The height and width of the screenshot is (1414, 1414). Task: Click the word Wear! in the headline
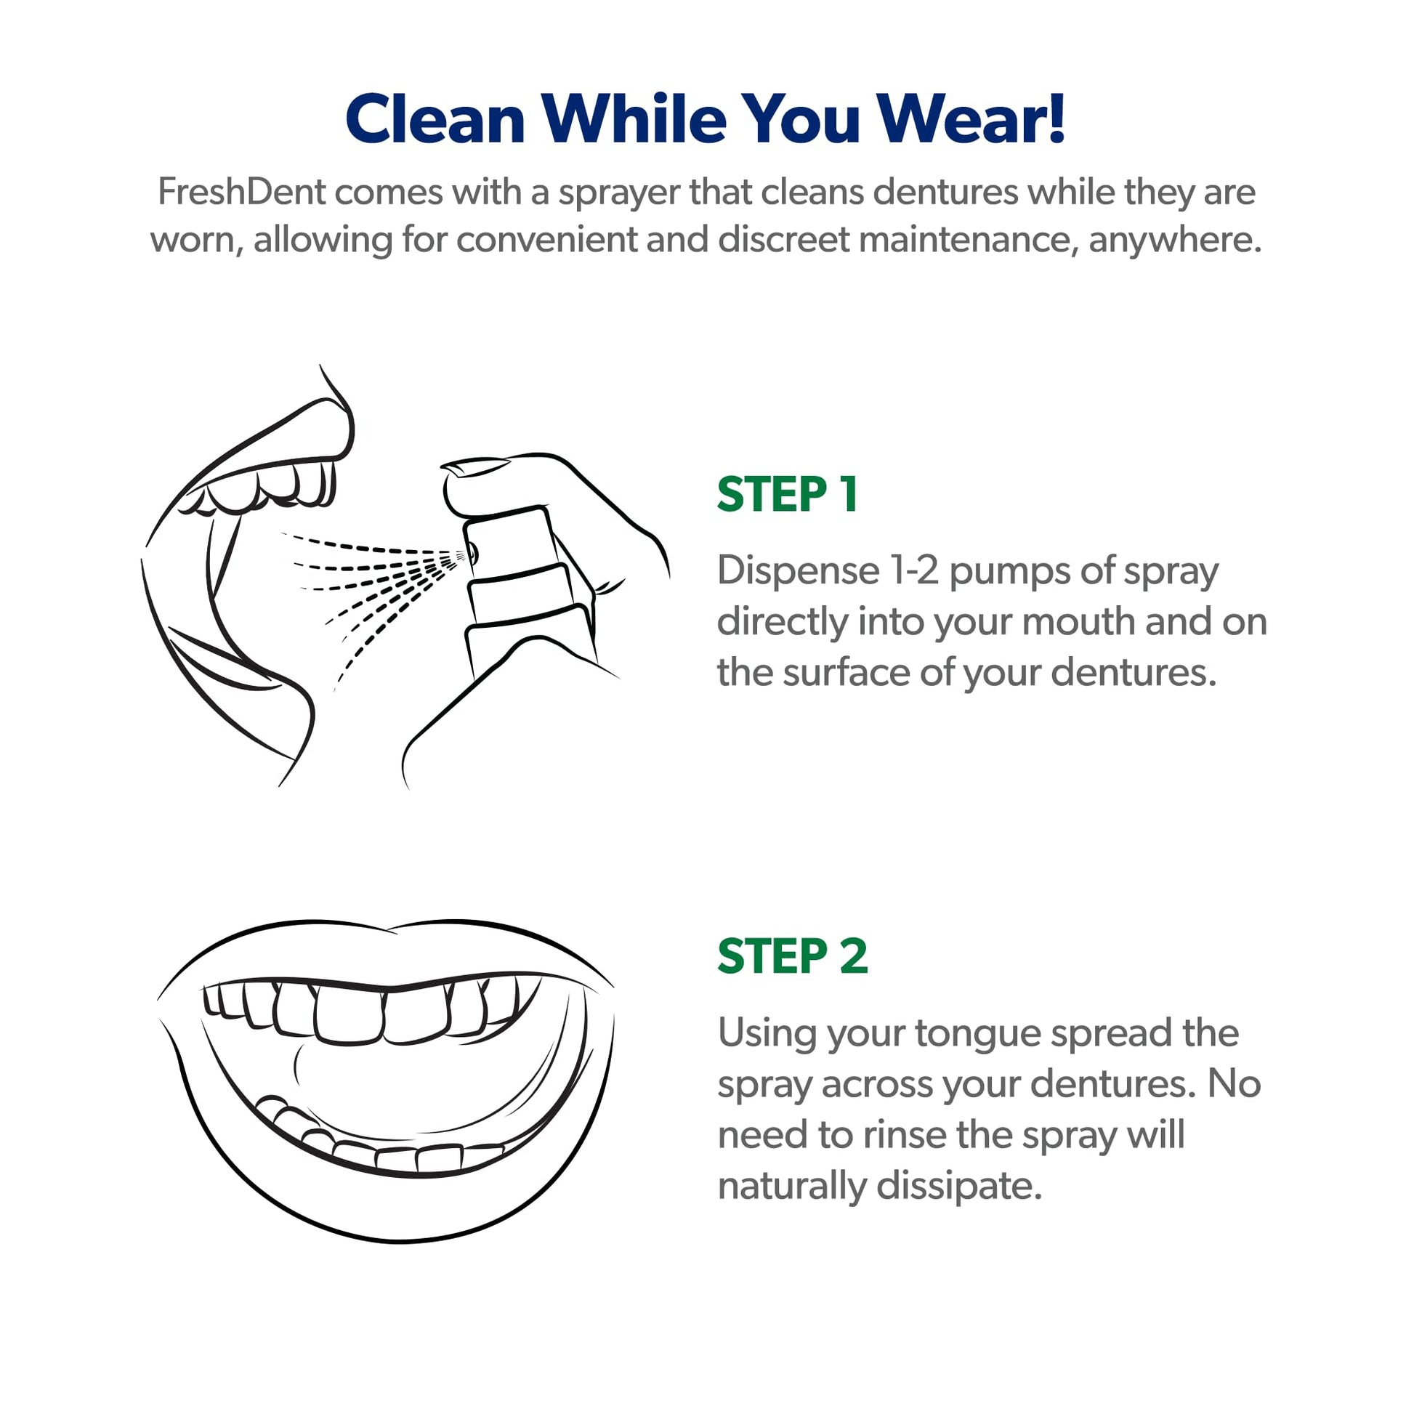971,118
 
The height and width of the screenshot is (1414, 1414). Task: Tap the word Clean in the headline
435,118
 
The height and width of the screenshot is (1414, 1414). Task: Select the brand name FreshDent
241,192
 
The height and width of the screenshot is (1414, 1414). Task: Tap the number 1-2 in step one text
914,570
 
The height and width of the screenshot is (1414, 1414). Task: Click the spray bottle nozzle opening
472,552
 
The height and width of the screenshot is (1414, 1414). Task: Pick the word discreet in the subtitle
783,239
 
